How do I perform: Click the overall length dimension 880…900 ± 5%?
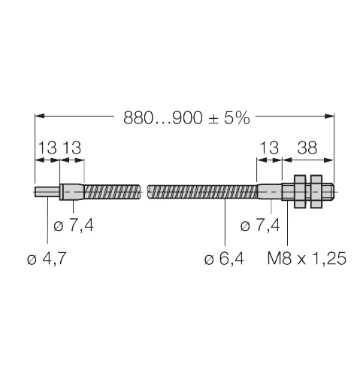tap(186, 117)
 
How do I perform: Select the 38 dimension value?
tap(307, 147)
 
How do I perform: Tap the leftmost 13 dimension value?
tap(47, 147)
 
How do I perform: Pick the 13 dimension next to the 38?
tap(269, 147)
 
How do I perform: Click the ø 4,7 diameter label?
tap(47, 258)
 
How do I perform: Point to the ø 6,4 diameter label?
tap(224, 258)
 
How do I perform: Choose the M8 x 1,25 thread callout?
tap(307, 258)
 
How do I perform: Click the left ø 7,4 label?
tap(74, 225)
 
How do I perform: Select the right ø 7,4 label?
tap(260, 225)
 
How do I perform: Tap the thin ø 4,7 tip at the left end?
tap(47, 192)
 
